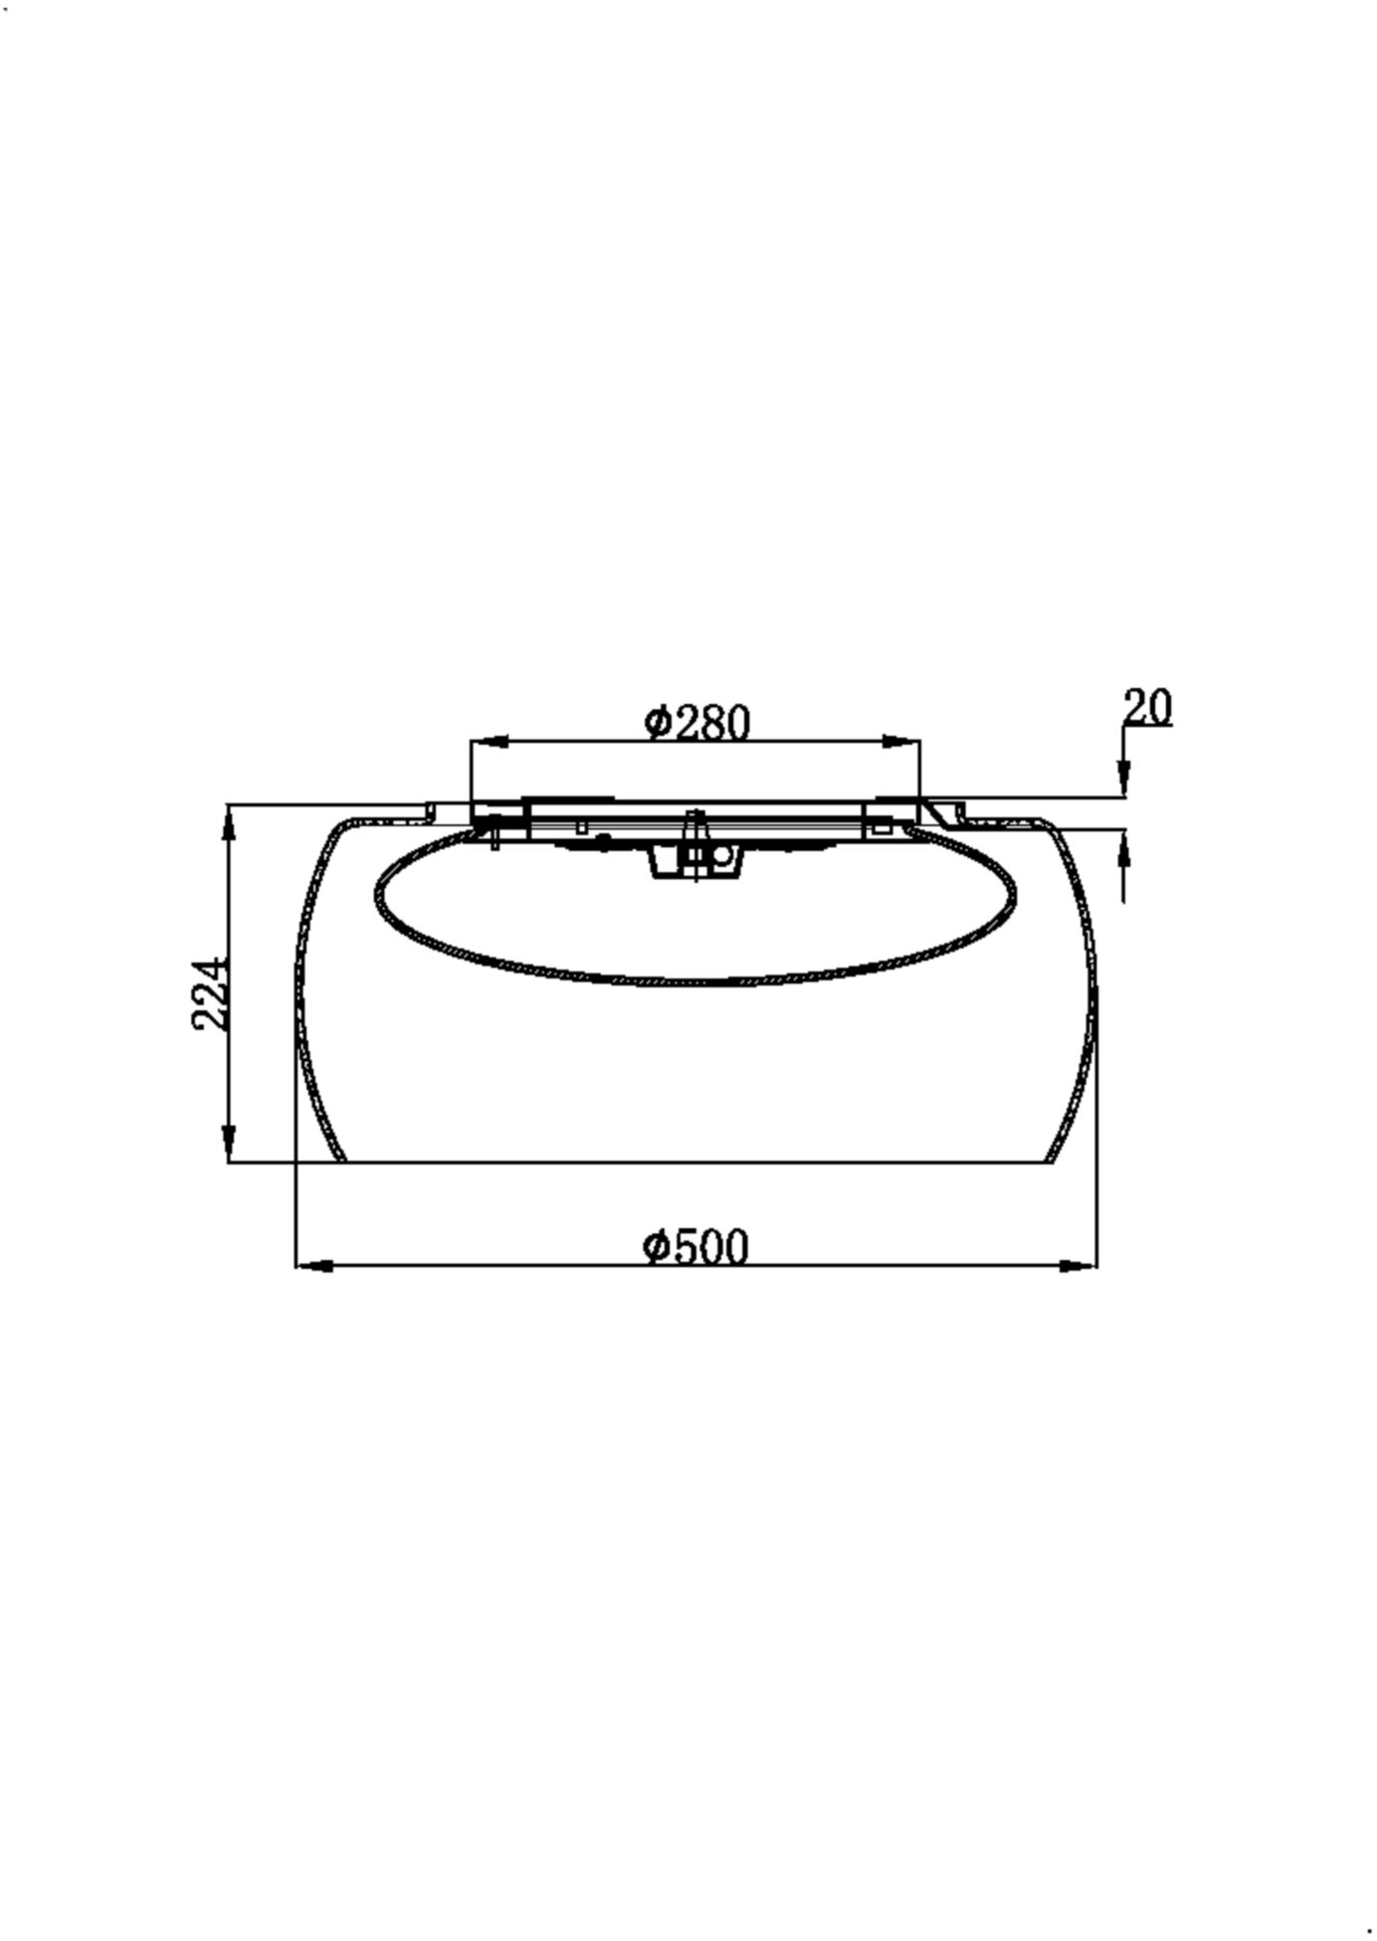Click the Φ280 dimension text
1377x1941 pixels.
[696, 723]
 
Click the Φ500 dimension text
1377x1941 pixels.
[694, 1247]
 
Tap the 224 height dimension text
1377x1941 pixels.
[210, 994]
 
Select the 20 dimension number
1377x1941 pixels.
[1148, 707]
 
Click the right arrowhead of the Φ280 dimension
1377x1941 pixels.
[901, 742]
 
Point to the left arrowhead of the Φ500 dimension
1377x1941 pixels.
[315, 1266]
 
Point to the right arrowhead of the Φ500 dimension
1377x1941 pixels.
[1079, 1266]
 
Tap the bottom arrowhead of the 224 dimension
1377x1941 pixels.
[229, 1142]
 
